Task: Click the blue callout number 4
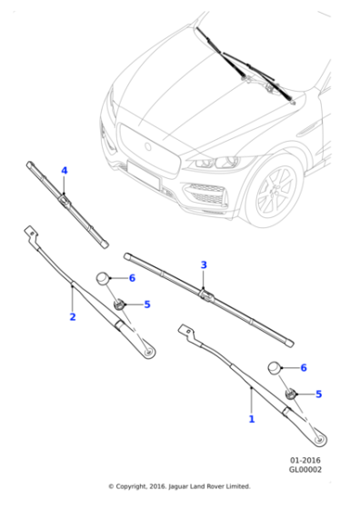pyautogui.click(x=65, y=170)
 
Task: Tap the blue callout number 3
pyautogui.click(x=204, y=264)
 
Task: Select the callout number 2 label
pyautogui.click(x=73, y=317)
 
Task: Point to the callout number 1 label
pyautogui.click(x=252, y=419)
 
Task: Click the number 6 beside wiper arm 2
pyautogui.click(x=132, y=278)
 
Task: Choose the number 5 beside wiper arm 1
pyautogui.click(x=318, y=394)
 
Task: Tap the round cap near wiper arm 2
pyautogui.click(x=105, y=278)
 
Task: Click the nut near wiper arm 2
pyautogui.click(x=117, y=304)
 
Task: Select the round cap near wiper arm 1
pyautogui.click(x=274, y=368)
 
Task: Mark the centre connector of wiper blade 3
pyautogui.click(x=205, y=291)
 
